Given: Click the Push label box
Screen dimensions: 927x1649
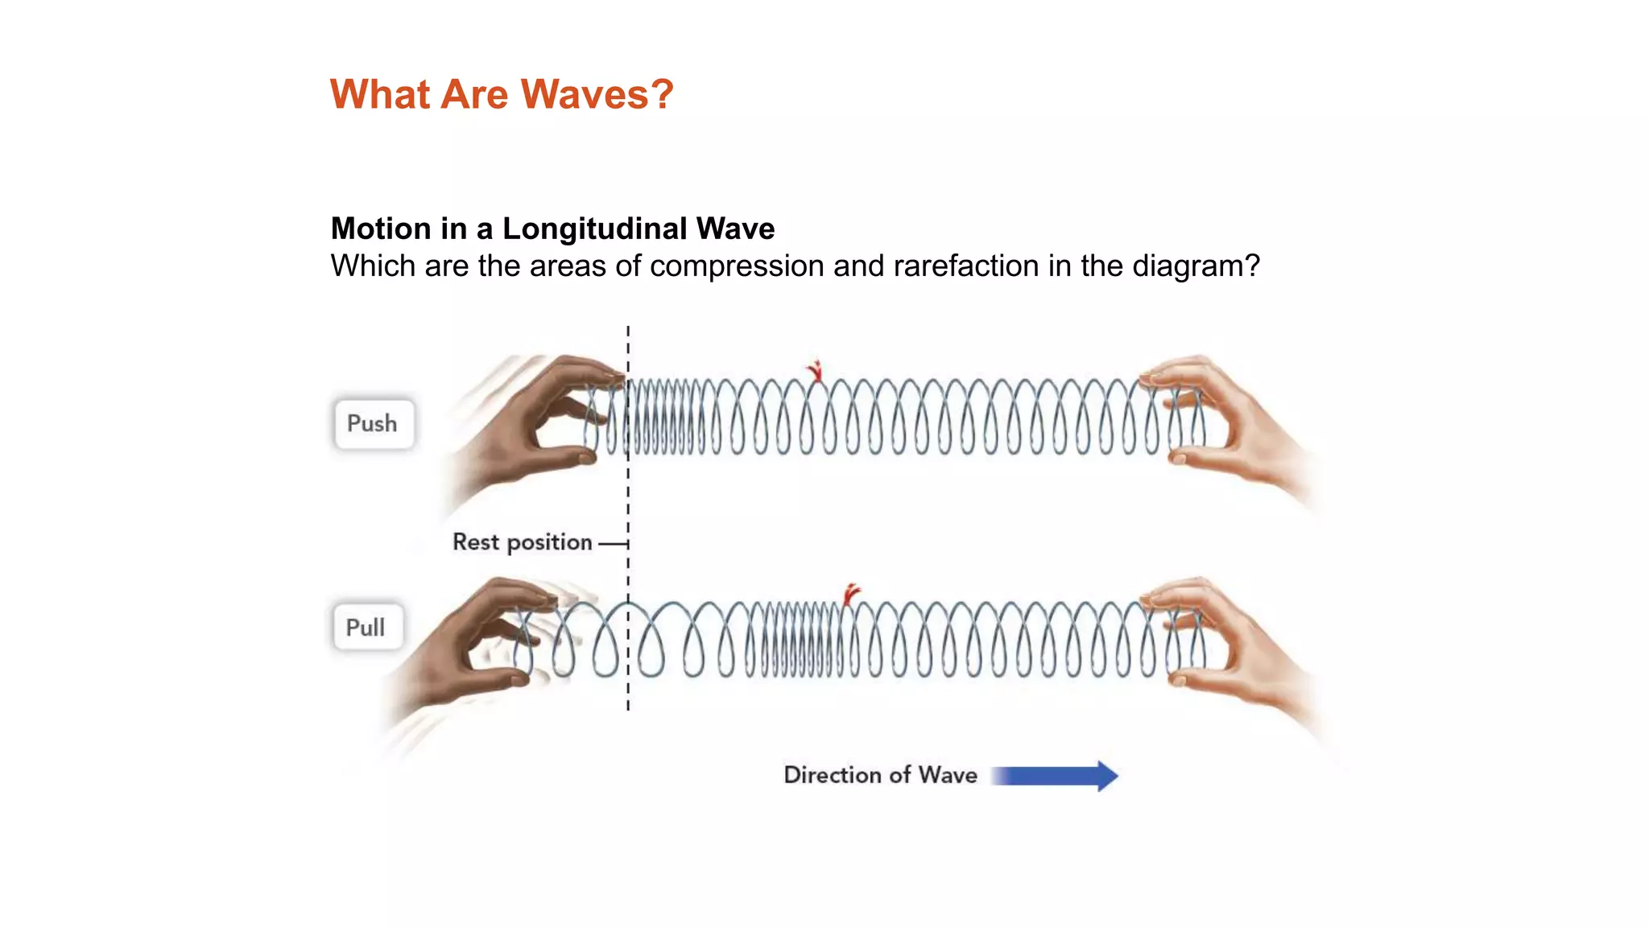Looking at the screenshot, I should pos(374,423).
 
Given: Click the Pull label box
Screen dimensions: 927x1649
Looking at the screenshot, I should pos(366,627).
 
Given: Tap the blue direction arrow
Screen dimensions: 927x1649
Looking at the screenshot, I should pos(1055,776).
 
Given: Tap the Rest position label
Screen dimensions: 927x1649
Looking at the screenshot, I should pos(522,542).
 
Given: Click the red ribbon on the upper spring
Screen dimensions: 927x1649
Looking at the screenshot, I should pos(816,371).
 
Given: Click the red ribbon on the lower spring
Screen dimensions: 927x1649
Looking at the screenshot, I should pos(851,594).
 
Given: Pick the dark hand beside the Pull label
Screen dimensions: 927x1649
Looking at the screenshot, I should pos(475,644).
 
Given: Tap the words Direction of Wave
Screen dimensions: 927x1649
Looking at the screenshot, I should pos(880,775).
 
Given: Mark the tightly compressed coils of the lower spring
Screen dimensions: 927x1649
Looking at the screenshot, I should pos(793,640).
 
